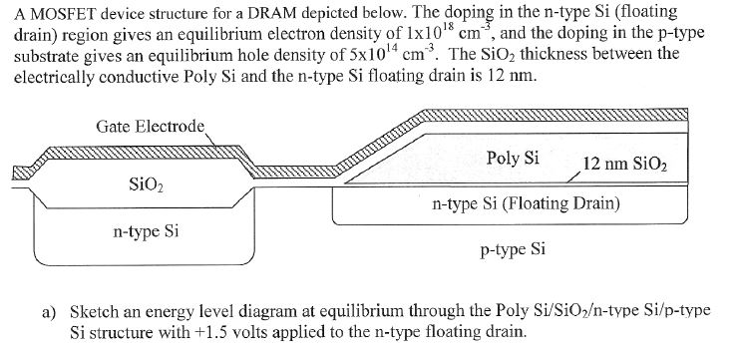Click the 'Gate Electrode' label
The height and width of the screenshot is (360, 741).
[x=150, y=126]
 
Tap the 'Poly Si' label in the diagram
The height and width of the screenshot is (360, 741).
[x=513, y=158]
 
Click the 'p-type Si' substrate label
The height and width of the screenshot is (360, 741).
[x=513, y=248]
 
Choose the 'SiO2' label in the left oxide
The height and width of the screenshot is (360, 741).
[x=147, y=184]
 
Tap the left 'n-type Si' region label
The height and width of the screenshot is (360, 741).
[x=146, y=232]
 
